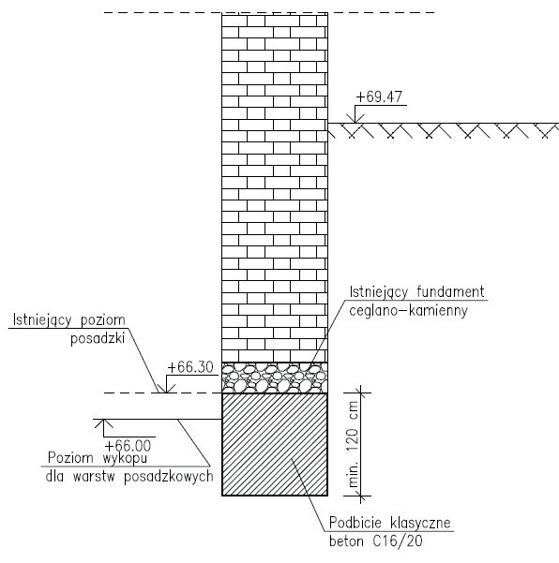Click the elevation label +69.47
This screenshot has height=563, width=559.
click(x=379, y=96)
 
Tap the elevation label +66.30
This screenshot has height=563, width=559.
click(x=190, y=367)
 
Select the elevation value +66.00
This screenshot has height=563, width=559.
click(x=128, y=446)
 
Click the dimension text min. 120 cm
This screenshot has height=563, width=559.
click(x=354, y=444)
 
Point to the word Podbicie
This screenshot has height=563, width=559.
click(x=355, y=523)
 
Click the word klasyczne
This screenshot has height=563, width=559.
click(x=420, y=523)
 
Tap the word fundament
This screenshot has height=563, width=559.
click(x=450, y=292)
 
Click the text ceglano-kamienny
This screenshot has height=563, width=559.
click(x=408, y=311)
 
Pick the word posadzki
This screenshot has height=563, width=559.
click(x=98, y=338)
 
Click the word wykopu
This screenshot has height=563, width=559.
click(x=125, y=458)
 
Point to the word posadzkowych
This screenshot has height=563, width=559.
click(x=169, y=477)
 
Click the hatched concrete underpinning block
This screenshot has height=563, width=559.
click(x=275, y=445)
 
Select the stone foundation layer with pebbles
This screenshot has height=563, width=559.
click(x=275, y=378)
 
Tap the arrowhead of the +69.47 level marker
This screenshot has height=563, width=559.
click(x=355, y=119)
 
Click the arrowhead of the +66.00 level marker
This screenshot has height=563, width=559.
click(x=103, y=423)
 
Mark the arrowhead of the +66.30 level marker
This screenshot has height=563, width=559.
click(x=166, y=389)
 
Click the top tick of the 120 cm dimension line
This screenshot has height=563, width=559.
click(x=361, y=393)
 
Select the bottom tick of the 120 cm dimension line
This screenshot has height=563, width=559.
click(x=361, y=496)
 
